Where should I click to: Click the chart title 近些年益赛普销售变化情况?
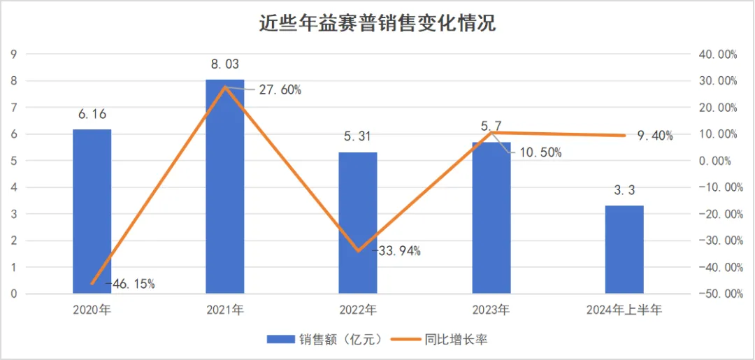click(377, 23)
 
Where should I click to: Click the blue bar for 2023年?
click(491, 217)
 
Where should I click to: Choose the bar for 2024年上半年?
click(624, 250)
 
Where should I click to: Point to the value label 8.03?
click(225, 64)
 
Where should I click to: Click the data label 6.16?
click(92, 114)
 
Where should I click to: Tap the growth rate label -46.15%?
click(131, 284)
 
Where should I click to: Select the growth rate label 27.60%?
click(275, 89)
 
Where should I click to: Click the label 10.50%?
click(538, 152)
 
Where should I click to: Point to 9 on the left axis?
click(14, 54)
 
